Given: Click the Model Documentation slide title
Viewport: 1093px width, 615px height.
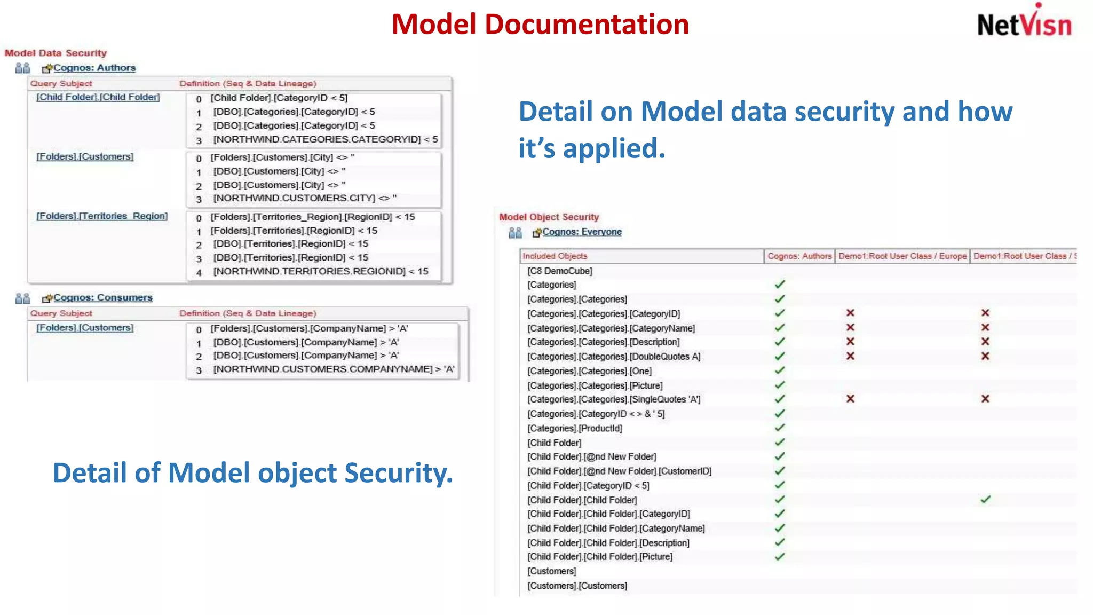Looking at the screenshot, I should point(540,25).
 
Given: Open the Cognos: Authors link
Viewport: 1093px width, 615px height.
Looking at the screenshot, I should point(94,68).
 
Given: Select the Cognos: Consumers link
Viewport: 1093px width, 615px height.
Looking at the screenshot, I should point(103,297).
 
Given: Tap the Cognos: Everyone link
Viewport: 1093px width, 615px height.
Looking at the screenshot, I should point(582,232).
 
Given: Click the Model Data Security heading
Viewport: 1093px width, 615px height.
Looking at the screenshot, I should point(56,53).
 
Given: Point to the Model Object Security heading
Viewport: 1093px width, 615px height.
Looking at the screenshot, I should point(549,217).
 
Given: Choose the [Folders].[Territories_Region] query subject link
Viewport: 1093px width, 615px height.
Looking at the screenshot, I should point(101,216).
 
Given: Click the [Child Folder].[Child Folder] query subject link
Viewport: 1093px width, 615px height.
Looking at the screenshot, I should point(98,97).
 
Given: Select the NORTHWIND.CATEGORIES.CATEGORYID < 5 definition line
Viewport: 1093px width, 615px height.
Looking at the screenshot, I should point(326,139).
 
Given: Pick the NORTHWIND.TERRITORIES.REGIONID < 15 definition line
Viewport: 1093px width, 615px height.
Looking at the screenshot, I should point(321,271).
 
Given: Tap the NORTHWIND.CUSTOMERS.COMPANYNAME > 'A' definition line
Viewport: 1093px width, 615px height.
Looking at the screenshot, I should point(334,369).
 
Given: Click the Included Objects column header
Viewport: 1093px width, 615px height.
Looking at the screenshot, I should point(555,256).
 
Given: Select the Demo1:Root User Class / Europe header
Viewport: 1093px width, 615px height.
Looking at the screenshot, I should point(902,256).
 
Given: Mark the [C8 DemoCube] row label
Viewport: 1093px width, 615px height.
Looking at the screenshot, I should point(559,271).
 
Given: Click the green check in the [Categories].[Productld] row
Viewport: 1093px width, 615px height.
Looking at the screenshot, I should point(780,428).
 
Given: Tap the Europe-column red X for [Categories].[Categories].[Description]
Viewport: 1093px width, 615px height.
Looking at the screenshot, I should point(850,342).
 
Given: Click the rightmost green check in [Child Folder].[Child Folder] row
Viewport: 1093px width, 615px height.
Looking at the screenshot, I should point(985,500).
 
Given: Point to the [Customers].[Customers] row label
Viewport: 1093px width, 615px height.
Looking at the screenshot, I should point(577,586).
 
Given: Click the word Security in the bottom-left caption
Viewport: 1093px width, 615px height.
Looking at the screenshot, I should point(398,473).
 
